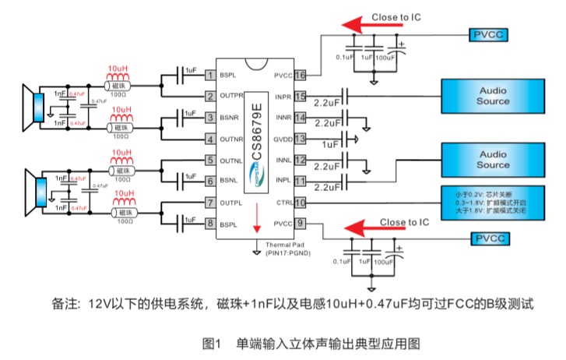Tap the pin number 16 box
click(x=300, y=76)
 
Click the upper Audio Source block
click(x=492, y=96)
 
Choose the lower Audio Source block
click(x=492, y=160)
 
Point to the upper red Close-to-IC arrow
click(x=366, y=26)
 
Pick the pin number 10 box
click(x=300, y=203)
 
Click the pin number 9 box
click(x=300, y=224)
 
